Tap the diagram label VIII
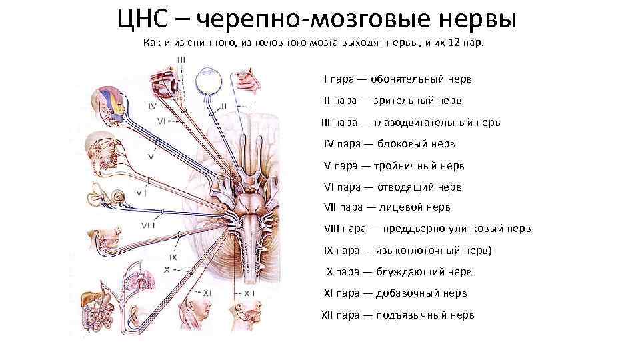pos(148,225)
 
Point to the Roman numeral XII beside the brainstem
pos(249,292)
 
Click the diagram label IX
pos(173,257)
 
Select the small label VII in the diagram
pos(141,193)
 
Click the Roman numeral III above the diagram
pos(181,60)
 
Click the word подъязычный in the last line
pos(411,315)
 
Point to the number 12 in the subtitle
pos(458,43)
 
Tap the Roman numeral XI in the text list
pos(328,293)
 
